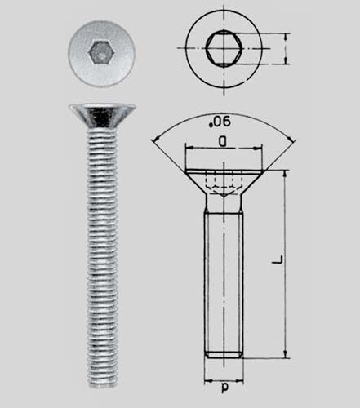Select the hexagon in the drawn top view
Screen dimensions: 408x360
coord(222,48)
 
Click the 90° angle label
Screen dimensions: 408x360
coord(222,122)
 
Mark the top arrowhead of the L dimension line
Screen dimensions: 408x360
coord(285,173)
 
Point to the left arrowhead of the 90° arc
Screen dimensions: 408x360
coord(154,140)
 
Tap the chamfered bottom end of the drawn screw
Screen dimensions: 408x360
coord(223,355)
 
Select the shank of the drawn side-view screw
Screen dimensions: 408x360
coord(223,277)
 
